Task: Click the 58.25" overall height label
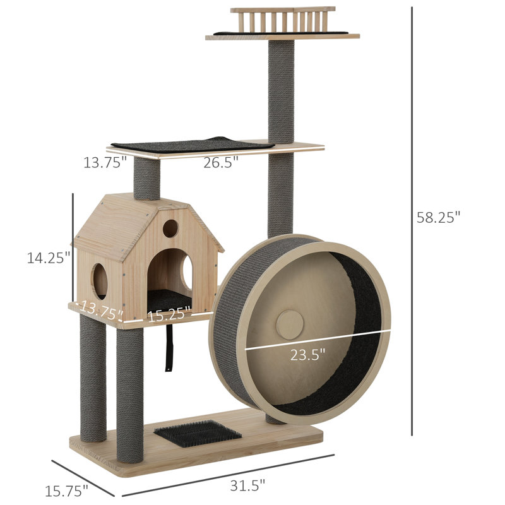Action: (439, 217)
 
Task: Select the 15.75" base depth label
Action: (66, 489)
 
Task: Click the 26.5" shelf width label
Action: (220, 162)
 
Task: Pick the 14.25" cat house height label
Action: (48, 258)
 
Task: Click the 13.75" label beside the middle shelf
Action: (105, 162)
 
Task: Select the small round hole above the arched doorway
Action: (170, 229)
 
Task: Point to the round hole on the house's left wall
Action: (100, 280)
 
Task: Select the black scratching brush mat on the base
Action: (198, 434)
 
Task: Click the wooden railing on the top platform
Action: (283, 19)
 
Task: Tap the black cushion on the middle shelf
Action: (193, 145)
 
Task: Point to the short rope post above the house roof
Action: (146, 178)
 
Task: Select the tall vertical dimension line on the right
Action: (412, 221)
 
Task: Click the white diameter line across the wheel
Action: (316, 340)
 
